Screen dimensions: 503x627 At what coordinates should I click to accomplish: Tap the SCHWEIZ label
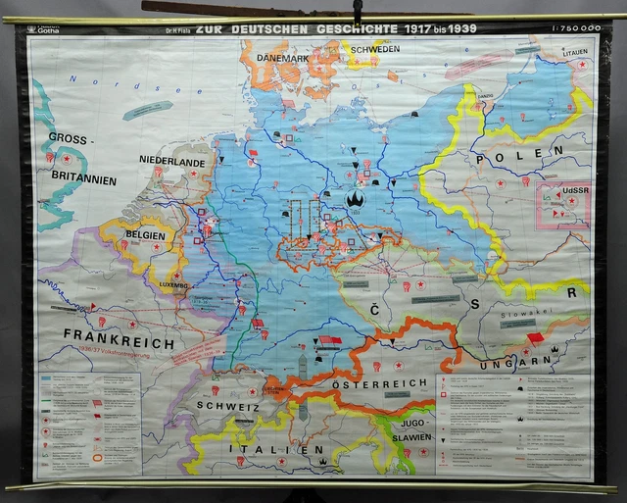tap(227, 404)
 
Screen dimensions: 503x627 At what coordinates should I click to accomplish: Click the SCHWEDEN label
tap(371, 48)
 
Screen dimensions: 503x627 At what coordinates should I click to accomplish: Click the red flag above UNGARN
tap(535, 338)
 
